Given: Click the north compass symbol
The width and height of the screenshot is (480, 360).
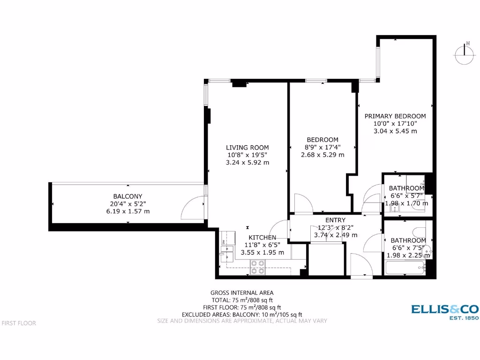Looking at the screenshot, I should click(x=465, y=53).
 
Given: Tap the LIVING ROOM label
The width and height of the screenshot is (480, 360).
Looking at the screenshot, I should click(x=247, y=148).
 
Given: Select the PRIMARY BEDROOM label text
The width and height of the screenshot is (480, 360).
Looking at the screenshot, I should click(x=395, y=116).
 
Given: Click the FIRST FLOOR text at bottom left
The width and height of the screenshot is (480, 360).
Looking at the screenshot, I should click(x=19, y=323).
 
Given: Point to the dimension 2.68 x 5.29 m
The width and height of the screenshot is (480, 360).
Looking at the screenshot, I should click(x=322, y=155).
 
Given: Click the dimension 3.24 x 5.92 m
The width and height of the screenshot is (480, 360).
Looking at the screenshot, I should click(x=247, y=163).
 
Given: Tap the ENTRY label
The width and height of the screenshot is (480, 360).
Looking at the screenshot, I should click(x=335, y=220).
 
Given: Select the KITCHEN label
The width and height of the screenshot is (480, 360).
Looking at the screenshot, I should click(x=262, y=238).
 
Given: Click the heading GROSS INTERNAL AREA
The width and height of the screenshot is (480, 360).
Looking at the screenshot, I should click(x=241, y=293).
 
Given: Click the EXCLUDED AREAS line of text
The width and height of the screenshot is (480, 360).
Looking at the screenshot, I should click(x=241, y=315).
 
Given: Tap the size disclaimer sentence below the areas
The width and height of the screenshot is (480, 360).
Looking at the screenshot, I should click(x=241, y=321).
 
